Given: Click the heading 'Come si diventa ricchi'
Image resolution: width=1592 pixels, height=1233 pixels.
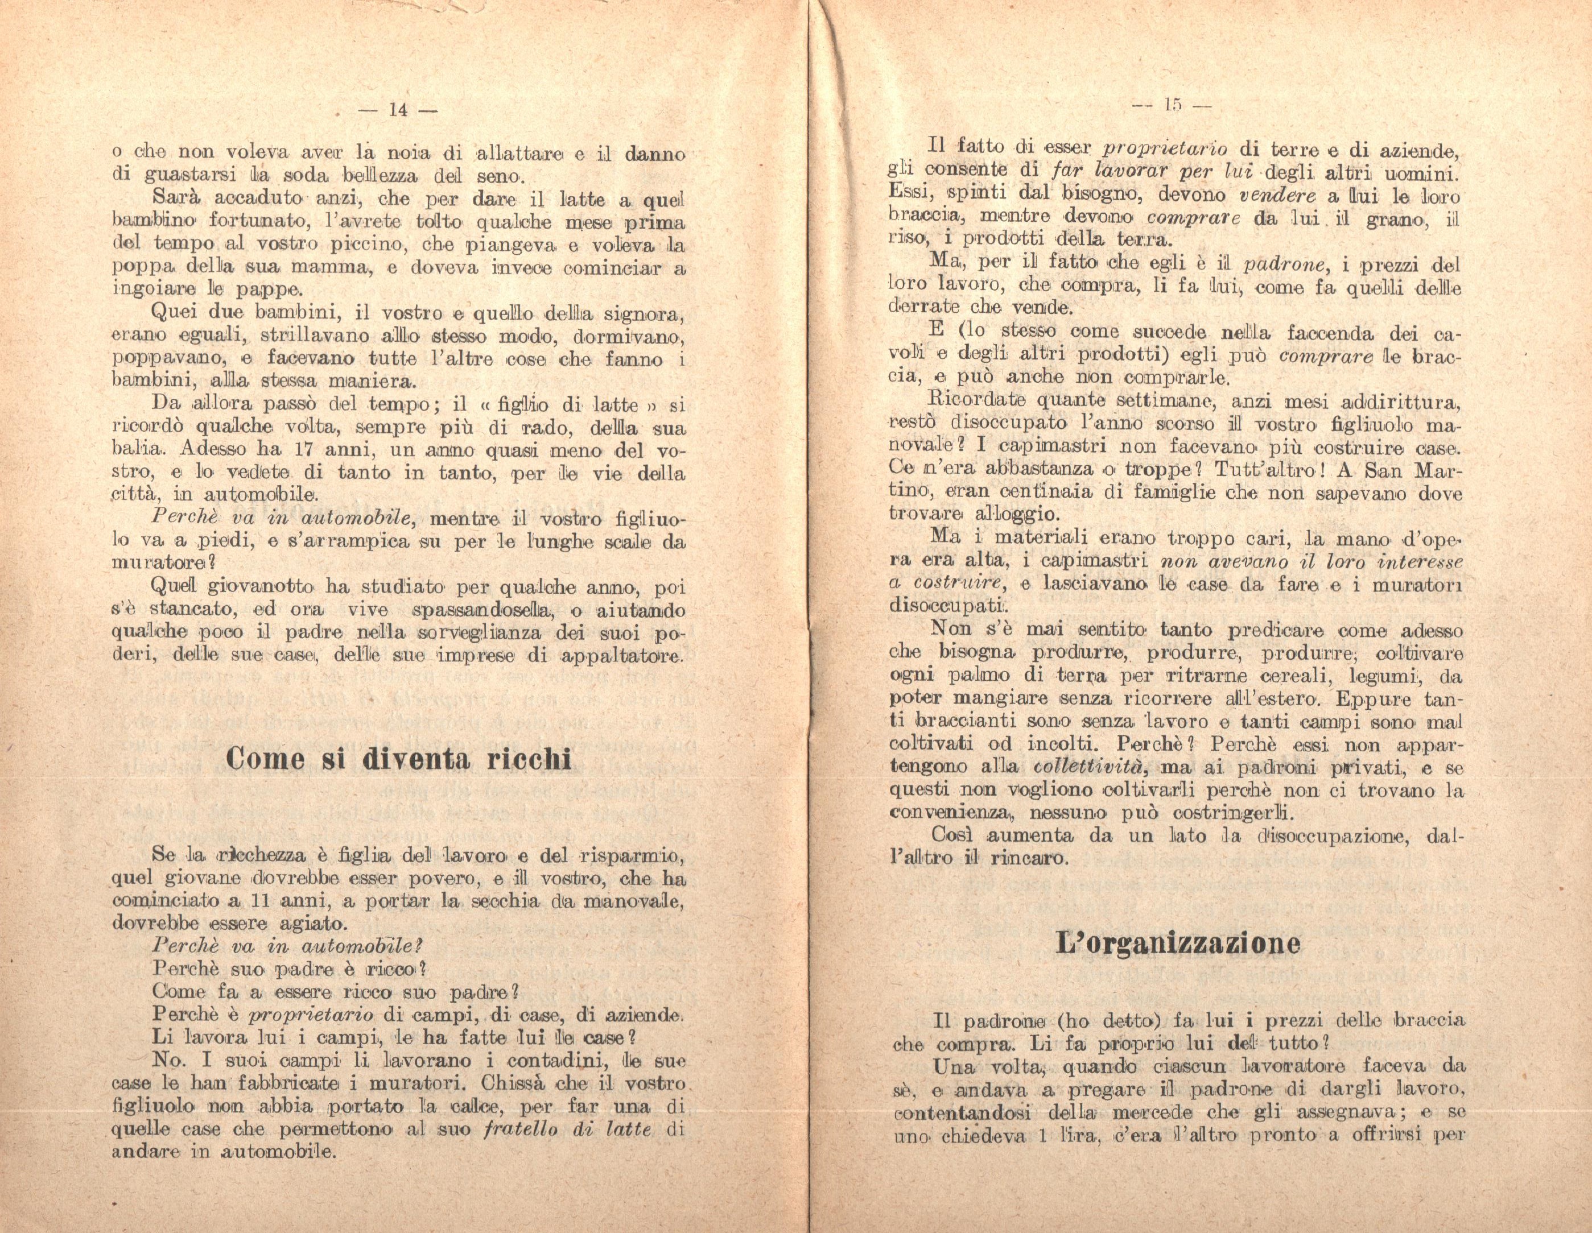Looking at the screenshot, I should [x=399, y=760].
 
